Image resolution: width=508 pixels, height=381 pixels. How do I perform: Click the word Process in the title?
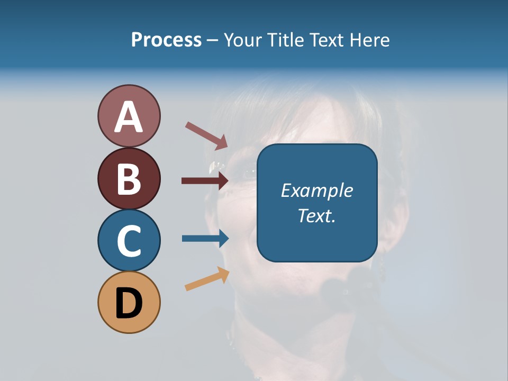click(x=166, y=40)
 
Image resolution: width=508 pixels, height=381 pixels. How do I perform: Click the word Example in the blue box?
click(x=316, y=190)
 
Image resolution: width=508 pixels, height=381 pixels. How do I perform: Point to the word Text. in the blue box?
click(x=316, y=215)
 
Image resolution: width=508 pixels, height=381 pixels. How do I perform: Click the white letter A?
click(x=129, y=117)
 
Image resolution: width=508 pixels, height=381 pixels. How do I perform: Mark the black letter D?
click(x=129, y=304)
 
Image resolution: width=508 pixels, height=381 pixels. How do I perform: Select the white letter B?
click(x=129, y=179)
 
